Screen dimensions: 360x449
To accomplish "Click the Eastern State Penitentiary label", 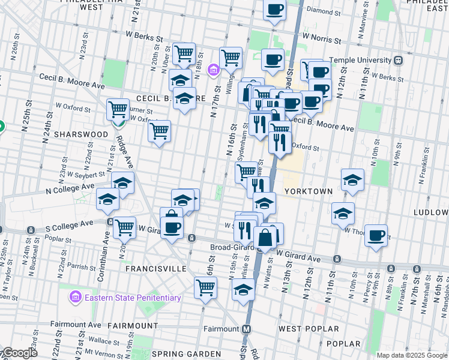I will click(x=133, y=298).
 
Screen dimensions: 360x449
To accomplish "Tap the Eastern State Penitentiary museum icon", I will click(x=76, y=297).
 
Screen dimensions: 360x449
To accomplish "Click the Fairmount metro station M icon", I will click(x=246, y=329).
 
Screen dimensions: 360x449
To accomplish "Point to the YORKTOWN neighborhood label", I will click(x=309, y=191).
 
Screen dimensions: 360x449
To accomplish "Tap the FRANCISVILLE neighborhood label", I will click(x=156, y=269).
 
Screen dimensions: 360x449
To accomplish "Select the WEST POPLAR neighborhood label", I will click(x=309, y=329).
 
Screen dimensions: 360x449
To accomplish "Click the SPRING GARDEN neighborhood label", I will click(x=187, y=354).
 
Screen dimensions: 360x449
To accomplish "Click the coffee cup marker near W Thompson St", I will click(x=376, y=235).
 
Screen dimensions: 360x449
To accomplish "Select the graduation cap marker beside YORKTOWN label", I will click(x=352, y=179).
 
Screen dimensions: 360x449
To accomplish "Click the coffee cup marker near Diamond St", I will click(x=274, y=10).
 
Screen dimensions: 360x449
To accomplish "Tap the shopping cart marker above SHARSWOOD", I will click(x=118, y=110).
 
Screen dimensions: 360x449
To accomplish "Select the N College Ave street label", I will click(x=71, y=187).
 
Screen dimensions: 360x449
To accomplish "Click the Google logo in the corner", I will click(x=19, y=353).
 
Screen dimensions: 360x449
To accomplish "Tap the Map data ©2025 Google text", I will click(x=411, y=355).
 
